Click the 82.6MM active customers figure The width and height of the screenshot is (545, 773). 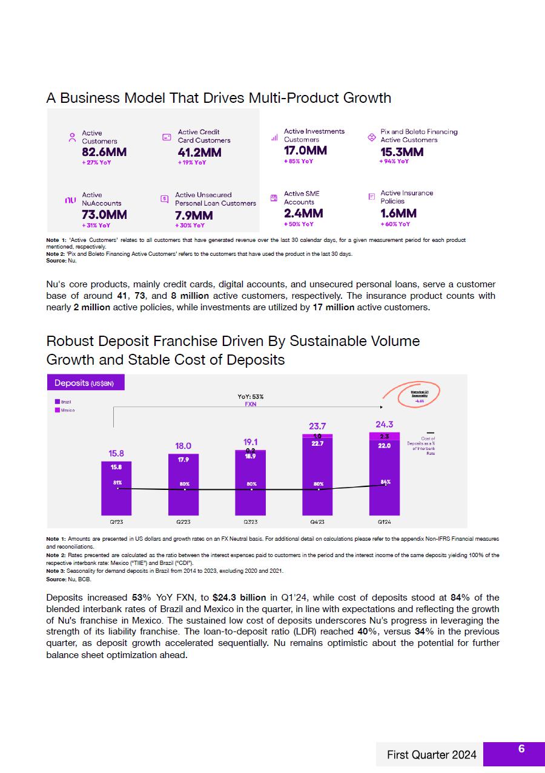pyautogui.click(x=104, y=152)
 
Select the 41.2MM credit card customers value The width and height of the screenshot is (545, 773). pyautogui.click(x=200, y=152)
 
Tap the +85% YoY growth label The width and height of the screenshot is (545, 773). pyautogui.click(x=299, y=161)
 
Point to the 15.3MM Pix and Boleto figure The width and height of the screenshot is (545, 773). pyautogui.click(x=402, y=152)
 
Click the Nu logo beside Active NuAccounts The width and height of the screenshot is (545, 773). pyautogui.click(x=70, y=200)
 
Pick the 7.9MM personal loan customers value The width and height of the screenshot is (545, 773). pyautogui.click(x=194, y=215)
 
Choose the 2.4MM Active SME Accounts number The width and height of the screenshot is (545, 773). pyautogui.click(x=303, y=214)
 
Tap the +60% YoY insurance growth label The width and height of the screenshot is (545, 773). pyautogui.click(x=395, y=224)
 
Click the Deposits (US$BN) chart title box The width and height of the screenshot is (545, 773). pyautogui.click(x=85, y=383)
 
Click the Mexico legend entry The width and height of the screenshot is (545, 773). pyautogui.click(x=66, y=410)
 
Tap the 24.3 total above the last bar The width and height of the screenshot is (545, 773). pyautogui.click(x=384, y=425)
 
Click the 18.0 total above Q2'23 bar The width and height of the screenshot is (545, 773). pyautogui.click(x=183, y=446)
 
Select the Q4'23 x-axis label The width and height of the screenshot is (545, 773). pyautogui.click(x=317, y=521)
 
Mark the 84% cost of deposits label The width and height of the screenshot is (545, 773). pyautogui.click(x=385, y=482)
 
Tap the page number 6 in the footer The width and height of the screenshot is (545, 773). pyautogui.click(x=521, y=749)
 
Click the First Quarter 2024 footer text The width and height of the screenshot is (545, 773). pyautogui.click(x=432, y=755)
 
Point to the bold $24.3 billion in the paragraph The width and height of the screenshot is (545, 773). pyautogui.click(x=239, y=598)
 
